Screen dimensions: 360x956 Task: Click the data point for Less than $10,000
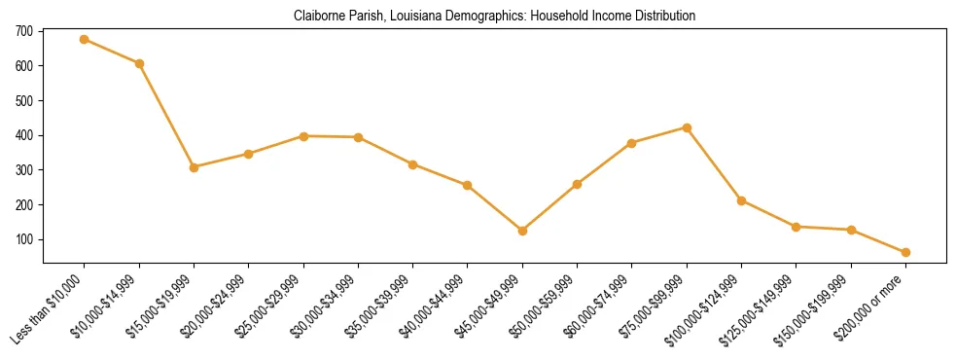coord(85,40)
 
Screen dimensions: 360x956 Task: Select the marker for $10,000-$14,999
coord(140,64)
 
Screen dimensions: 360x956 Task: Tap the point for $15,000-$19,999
coord(195,167)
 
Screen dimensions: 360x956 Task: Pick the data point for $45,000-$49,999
coord(523,231)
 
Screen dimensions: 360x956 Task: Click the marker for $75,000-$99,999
coord(688,127)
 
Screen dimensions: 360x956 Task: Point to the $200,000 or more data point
coord(905,252)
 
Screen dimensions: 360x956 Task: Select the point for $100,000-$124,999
coord(742,201)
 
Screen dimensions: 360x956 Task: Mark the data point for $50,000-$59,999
coord(578,184)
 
